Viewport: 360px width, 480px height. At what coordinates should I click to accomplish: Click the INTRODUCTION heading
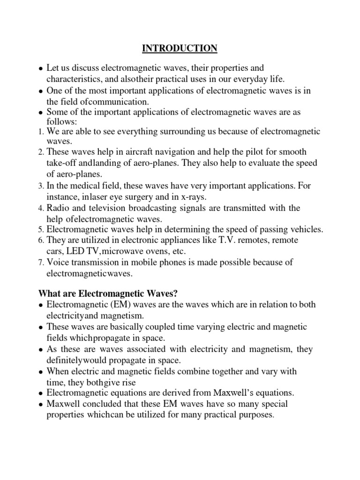tap(180, 48)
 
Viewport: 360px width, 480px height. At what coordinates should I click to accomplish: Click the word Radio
tap(57, 208)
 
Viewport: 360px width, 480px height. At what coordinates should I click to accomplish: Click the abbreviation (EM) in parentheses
tap(121, 305)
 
